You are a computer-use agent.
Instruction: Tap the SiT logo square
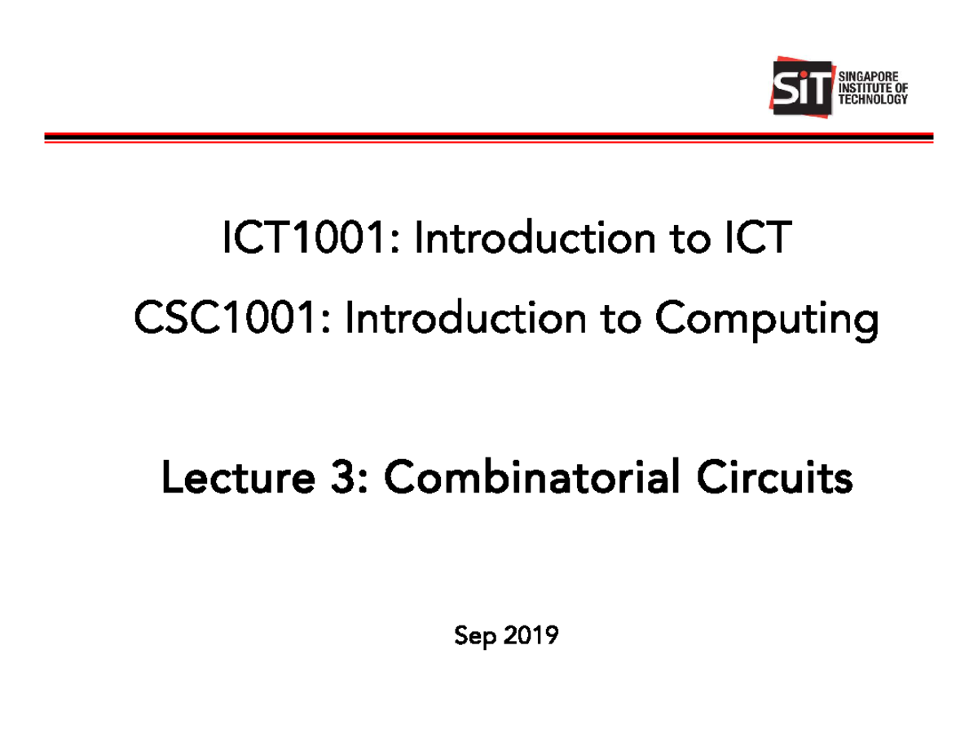point(802,86)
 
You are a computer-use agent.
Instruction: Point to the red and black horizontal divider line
point(489,138)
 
